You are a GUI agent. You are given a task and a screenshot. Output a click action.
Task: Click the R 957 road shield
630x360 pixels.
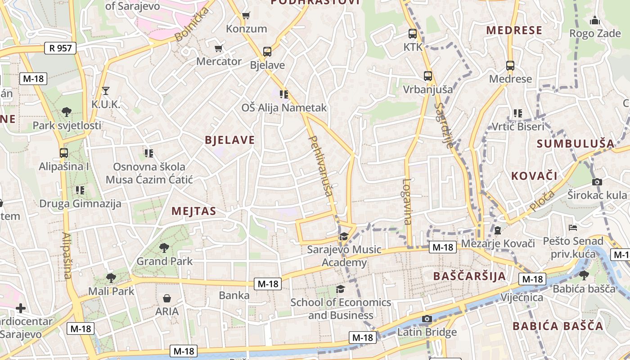(60, 48)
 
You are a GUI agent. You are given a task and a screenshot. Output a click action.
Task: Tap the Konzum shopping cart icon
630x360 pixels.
(246, 16)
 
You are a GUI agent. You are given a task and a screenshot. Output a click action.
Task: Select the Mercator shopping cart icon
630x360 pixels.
(219, 49)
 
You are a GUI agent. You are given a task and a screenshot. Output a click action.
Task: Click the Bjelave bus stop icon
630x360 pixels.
(267, 52)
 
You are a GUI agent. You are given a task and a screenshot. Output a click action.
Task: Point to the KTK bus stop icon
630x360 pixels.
(413, 33)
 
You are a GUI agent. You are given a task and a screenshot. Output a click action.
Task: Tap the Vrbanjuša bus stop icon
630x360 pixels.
(427, 76)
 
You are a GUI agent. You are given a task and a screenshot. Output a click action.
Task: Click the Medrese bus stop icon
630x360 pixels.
(510, 66)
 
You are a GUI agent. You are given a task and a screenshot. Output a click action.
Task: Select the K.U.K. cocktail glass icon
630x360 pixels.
(106, 91)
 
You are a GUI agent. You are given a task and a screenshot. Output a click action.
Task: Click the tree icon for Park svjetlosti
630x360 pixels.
(67, 112)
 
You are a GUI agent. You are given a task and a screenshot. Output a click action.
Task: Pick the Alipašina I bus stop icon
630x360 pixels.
(64, 153)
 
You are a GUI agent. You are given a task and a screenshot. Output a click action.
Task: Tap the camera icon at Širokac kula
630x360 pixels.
(597, 182)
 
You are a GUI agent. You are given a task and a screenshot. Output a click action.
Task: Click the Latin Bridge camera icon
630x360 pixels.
(427, 319)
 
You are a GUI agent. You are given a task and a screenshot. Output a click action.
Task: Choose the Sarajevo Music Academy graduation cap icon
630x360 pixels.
(344, 236)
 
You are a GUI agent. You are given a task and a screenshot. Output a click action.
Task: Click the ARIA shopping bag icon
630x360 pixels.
(167, 298)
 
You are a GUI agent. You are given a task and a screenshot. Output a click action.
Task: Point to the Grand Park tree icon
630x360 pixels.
(164, 247)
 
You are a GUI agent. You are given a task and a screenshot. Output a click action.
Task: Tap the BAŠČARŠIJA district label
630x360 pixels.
(469, 276)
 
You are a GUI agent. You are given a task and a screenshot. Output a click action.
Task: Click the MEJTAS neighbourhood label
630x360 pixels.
(193, 211)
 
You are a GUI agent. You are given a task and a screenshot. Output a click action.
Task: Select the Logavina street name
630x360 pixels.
(407, 202)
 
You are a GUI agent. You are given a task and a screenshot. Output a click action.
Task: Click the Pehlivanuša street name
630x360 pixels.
(321, 166)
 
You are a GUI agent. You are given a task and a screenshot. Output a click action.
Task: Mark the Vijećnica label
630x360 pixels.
(522, 297)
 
